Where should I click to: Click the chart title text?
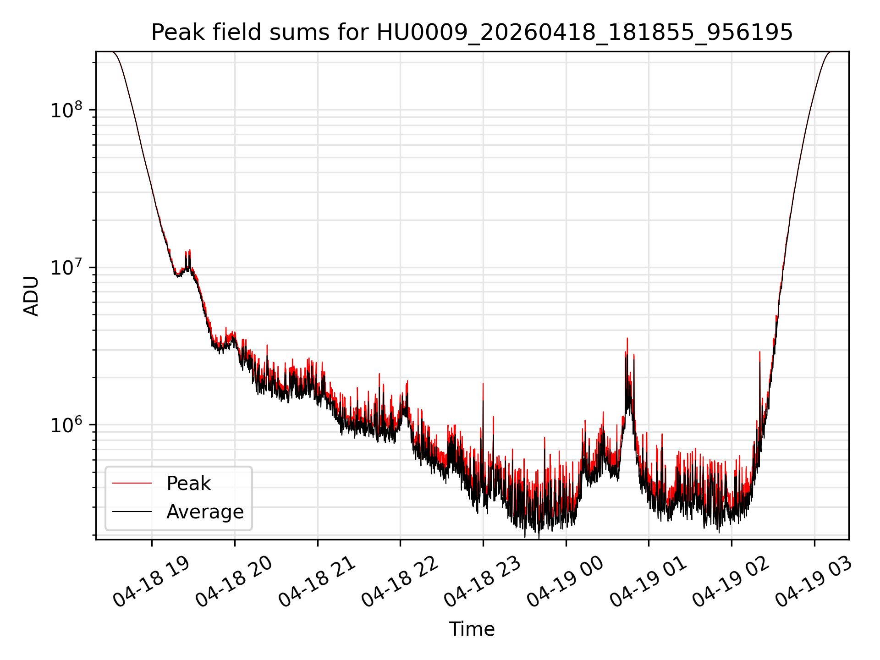[472, 33]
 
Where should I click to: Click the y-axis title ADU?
[31, 296]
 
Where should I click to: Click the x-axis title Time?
[472, 629]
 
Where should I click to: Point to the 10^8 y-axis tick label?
[66, 110]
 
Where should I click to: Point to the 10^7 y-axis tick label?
[66, 267]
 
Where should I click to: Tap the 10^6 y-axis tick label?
[66, 425]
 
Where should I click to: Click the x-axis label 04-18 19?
[151, 581]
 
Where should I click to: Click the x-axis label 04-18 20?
[234, 581]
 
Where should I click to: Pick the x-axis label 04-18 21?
[317, 581]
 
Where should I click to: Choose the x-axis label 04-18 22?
[400, 581]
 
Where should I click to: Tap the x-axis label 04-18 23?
[483, 581]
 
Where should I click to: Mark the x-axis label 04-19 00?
[565, 581]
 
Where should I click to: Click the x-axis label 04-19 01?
[648, 581]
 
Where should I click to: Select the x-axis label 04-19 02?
[731, 581]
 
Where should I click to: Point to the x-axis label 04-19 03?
[814, 581]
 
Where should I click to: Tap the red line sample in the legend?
[132, 483]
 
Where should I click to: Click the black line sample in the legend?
[132, 511]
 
